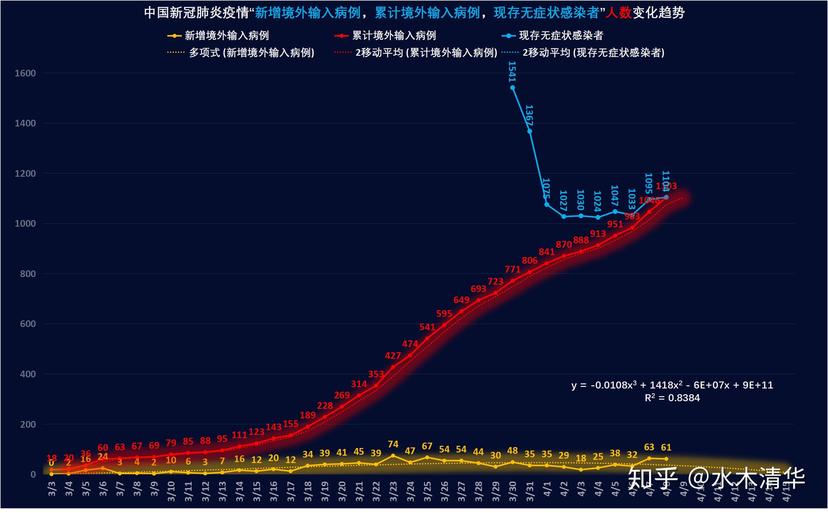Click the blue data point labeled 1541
pos(513,88)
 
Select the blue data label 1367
pos(529,116)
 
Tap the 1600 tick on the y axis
pos(25,73)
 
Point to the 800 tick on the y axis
pos(28,274)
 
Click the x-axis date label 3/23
pos(393,491)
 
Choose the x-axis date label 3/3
pos(52,489)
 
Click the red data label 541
pos(427,327)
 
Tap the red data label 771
pos(512,269)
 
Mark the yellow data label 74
pos(393,444)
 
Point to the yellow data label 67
pos(427,446)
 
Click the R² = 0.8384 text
pos(672,398)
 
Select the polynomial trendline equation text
pos(672,385)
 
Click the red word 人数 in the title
pos(618,13)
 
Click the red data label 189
pos(308,415)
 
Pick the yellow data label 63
pos(649,447)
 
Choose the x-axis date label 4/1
pos(547,489)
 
